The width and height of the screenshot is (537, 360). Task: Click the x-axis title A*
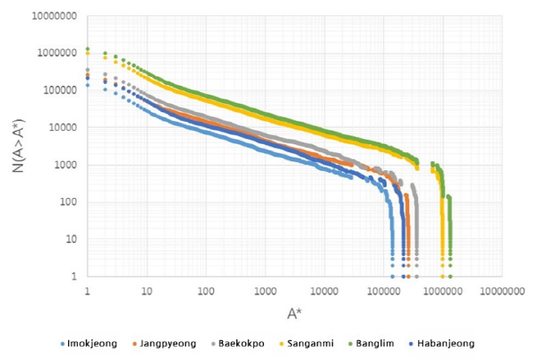tap(293, 313)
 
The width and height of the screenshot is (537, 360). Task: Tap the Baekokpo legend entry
tap(234, 343)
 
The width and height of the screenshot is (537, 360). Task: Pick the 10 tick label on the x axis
tap(147, 291)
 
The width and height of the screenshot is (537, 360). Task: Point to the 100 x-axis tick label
tap(206, 291)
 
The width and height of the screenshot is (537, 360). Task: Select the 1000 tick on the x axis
tap(265, 291)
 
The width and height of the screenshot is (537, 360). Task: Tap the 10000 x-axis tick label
tap(324, 291)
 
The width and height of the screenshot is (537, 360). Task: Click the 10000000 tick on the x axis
tap(501, 291)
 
